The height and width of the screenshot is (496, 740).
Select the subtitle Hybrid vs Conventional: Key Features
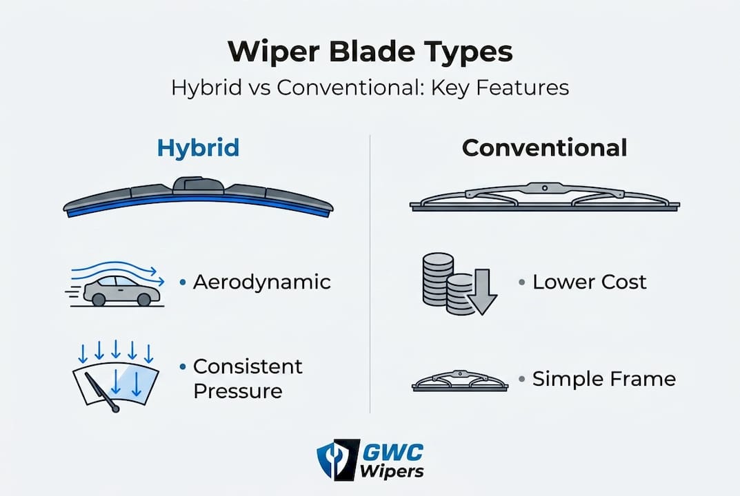370,88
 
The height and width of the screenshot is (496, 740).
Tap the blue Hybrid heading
198,147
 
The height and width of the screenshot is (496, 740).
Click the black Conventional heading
544,147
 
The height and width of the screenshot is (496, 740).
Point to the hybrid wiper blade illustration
198,200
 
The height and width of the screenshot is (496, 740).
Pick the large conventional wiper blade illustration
544,198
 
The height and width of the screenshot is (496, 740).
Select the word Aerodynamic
261,282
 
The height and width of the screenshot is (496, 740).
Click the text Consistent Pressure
248,378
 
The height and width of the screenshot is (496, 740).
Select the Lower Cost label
590,282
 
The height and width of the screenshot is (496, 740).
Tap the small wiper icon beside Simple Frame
459,381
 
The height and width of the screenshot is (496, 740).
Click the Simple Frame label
603,378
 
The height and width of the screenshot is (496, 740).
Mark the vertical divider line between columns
370,276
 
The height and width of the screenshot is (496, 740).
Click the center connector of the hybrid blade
198,185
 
